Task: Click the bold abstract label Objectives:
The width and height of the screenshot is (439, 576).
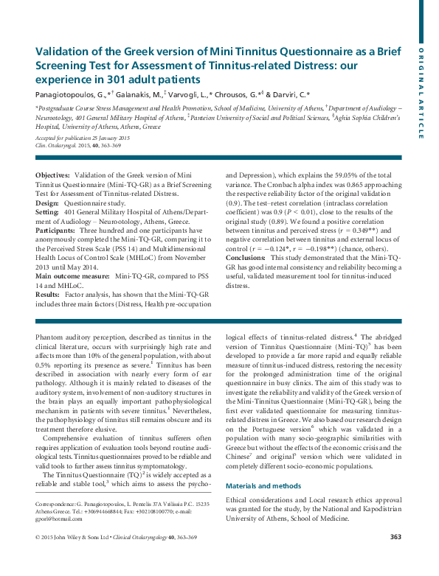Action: (53, 175)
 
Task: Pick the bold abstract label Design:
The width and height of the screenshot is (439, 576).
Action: (47, 202)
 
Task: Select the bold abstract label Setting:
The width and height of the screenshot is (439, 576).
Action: (48, 211)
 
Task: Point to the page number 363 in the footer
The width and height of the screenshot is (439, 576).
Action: (395, 557)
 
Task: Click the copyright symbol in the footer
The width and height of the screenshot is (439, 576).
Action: (38, 558)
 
